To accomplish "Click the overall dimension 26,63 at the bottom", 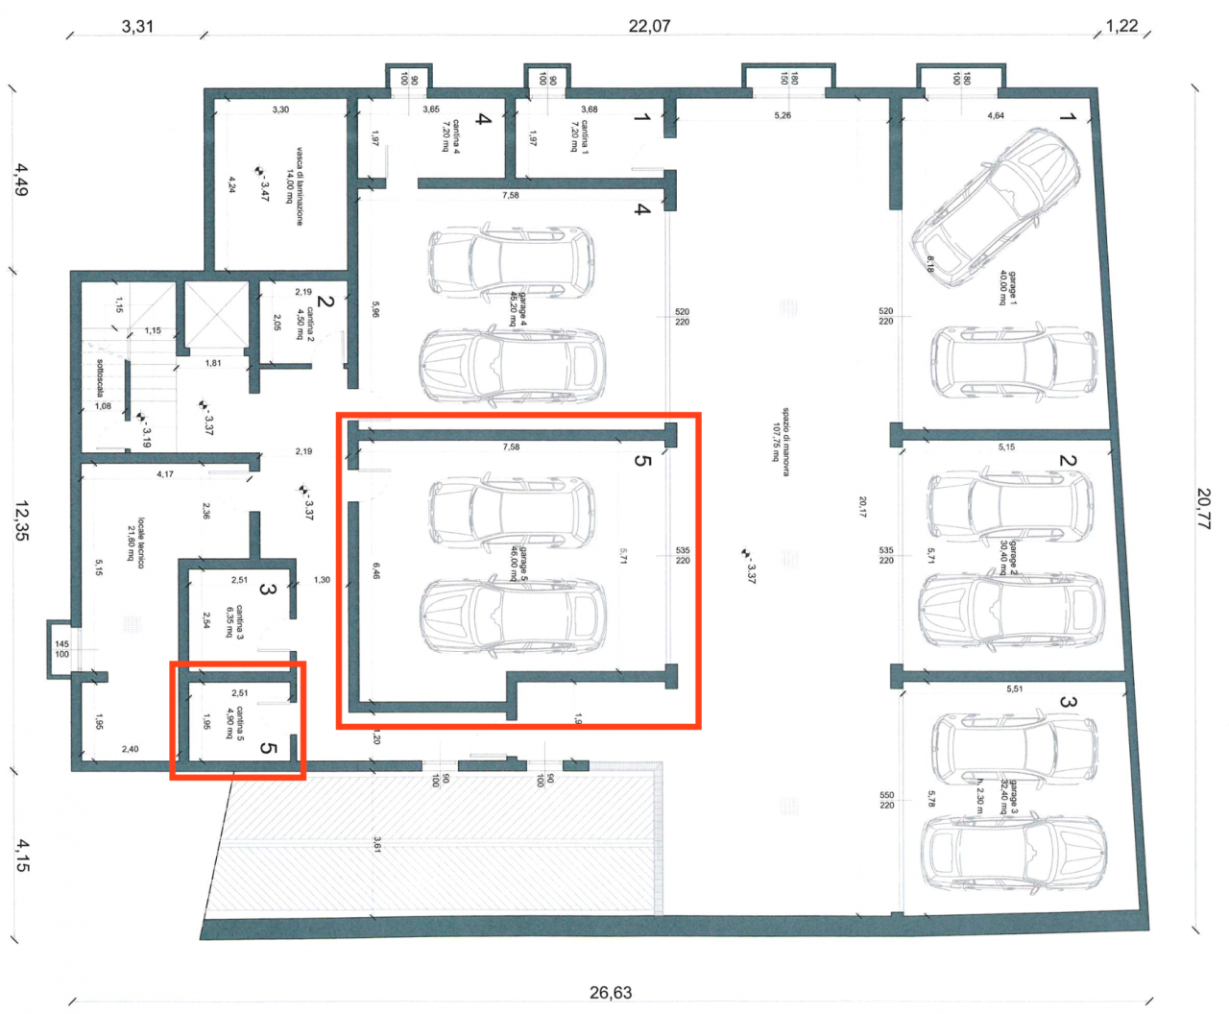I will coord(611,993).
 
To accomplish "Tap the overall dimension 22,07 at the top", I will coord(649,26).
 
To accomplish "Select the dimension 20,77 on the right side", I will coord(1203,508).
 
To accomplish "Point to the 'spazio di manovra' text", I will coord(780,433).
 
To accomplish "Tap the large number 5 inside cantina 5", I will coord(269,746).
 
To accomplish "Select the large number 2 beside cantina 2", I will coord(325,301).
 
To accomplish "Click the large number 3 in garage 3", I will coord(1067,702).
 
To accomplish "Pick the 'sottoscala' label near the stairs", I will coord(100,377).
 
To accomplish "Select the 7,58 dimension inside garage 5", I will coord(510,447).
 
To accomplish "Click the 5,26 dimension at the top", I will coord(783,116).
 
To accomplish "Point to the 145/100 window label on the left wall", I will coord(61,649).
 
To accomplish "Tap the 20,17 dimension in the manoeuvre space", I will coord(862,507).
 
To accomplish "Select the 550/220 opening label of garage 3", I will coord(886,800).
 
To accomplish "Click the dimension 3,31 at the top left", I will coord(137,26).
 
